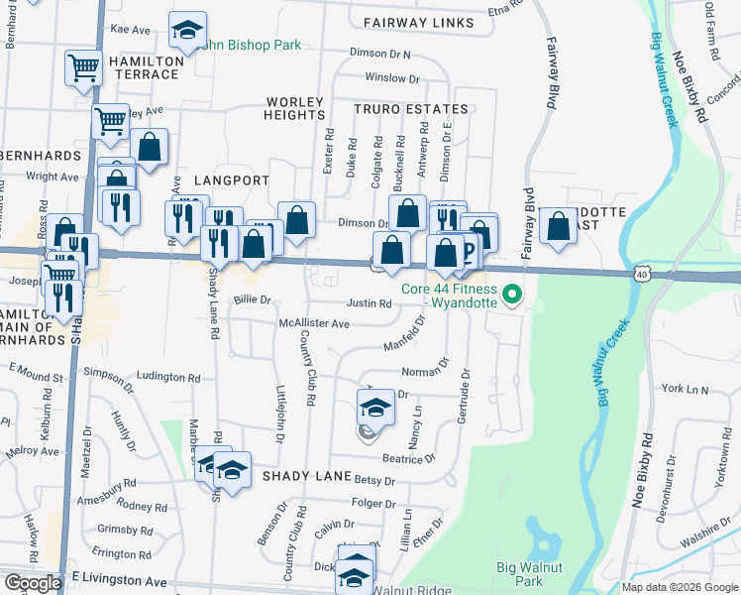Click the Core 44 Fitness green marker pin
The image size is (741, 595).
point(512,295)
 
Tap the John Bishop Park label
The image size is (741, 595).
point(248,46)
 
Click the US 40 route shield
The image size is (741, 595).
point(642,273)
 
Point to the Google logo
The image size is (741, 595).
point(33,582)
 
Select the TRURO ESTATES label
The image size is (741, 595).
point(413,108)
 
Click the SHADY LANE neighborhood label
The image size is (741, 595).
point(301,476)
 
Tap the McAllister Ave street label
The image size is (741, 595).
point(314,323)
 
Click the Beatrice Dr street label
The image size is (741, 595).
point(409,458)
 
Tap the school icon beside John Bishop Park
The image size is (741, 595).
point(185,32)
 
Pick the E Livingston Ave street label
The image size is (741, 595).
point(119,578)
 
